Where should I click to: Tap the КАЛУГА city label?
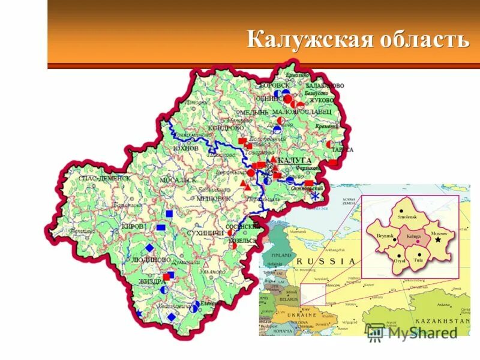294,161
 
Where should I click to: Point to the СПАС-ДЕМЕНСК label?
104,178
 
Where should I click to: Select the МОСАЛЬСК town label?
178,180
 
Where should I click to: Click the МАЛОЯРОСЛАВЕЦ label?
301,112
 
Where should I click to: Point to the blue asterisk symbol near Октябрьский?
314,197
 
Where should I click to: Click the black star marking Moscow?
438,239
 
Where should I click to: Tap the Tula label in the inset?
418,260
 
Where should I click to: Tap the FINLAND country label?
279,254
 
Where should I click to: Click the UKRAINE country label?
301,315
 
